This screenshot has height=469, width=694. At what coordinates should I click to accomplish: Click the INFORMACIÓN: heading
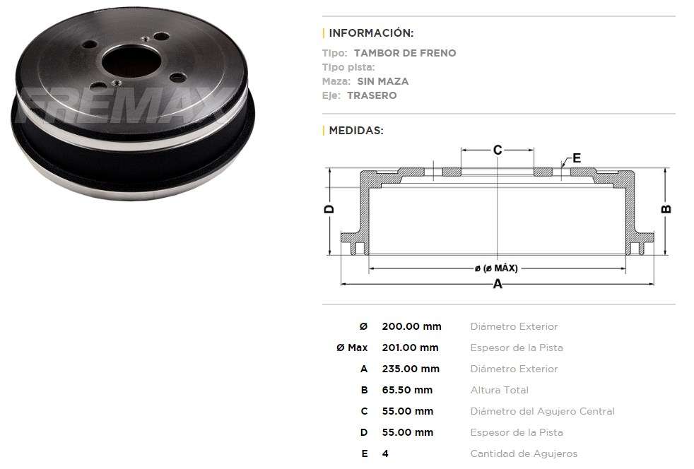(371, 33)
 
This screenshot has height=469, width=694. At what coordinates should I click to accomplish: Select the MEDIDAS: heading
(356, 131)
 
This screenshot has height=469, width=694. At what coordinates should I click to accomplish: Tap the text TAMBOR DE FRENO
(405, 53)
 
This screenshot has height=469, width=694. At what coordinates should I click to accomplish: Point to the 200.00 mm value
(411, 326)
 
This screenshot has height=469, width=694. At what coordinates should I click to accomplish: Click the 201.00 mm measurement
(410, 348)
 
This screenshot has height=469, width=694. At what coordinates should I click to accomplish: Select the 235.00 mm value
(411, 369)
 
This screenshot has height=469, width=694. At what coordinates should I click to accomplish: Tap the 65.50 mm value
(407, 390)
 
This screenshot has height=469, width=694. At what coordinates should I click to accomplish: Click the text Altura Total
(499, 390)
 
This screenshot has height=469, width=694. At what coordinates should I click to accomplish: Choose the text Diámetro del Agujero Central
(542, 411)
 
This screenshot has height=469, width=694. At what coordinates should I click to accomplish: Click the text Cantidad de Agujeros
(524, 453)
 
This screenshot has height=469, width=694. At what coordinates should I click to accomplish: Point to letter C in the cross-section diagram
(498, 150)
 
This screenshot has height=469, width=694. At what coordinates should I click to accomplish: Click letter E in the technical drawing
(577, 158)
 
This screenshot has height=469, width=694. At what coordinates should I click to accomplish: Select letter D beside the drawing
(329, 209)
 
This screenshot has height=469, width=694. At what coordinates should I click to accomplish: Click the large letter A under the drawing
(498, 284)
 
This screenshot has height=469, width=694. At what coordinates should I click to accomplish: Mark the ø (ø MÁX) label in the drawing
(496, 268)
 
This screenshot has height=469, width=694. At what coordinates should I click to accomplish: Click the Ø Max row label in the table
(352, 348)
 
